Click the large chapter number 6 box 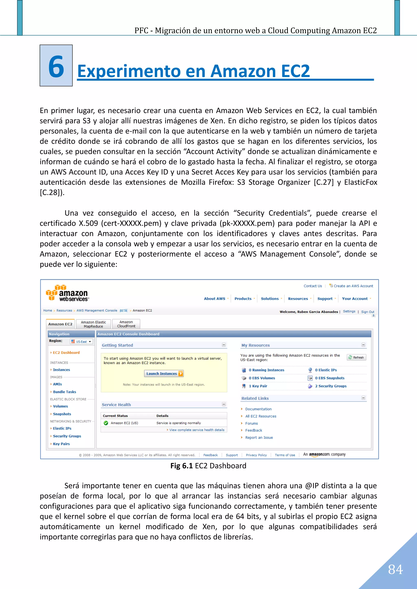click(56, 66)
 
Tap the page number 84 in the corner click(395, 569)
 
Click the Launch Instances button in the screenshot click(164, 373)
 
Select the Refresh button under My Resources click(356, 357)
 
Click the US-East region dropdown click(81, 341)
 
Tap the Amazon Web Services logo click(68, 293)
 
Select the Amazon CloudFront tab click(126, 324)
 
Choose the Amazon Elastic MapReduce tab click(93, 324)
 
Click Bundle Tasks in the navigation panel click(65, 392)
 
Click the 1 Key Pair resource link click(258, 386)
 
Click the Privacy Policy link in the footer click(256, 455)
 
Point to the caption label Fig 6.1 click(181, 466)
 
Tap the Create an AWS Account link click(353, 286)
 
